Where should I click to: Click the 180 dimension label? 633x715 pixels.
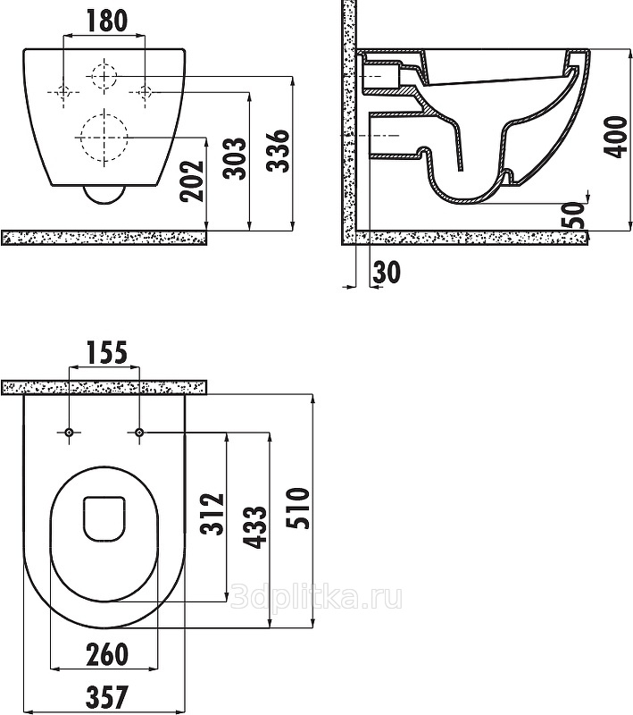click(106, 21)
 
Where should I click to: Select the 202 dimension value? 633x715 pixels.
click(191, 181)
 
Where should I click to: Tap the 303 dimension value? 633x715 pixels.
click(235, 158)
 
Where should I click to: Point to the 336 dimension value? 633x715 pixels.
click(278, 151)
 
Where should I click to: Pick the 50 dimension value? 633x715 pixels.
click(575, 214)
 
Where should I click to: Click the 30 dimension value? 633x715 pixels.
click(387, 272)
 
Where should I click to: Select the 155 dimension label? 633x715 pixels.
click(106, 353)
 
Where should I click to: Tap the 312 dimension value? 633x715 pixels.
click(212, 514)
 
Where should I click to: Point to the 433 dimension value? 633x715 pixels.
click(254, 526)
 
